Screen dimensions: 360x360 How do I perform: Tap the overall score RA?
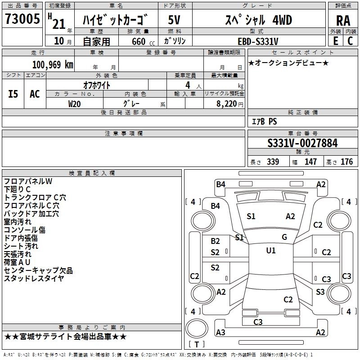pyautogui.click(x=343, y=21)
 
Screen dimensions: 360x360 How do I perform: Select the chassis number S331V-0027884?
pyautogui.click(x=302, y=143)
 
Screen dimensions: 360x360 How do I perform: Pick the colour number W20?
pyautogui.click(x=75, y=103)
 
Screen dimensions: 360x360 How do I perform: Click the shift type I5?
pyautogui.click(x=13, y=94)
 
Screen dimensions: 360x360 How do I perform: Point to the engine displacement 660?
pyautogui.click(x=139, y=41)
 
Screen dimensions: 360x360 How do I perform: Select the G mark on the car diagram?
pyautogui.click(x=284, y=237)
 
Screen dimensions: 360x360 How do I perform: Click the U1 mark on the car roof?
pyautogui.click(x=271, y=251)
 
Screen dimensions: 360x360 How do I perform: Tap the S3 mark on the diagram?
pyautogui.click(x=320, y=292)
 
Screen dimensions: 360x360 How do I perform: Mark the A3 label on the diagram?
pyautogui.click(x=220, y=333)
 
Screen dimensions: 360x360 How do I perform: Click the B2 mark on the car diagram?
pyautogui.click(x=216, y=241)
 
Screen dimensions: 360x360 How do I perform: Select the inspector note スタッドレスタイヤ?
pyautogui.click(x=34, y=279)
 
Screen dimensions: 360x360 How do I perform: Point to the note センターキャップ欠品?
pyautogui.click(x=38, y=270)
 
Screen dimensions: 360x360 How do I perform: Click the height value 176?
pyautogui.click(x=347, y=162)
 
